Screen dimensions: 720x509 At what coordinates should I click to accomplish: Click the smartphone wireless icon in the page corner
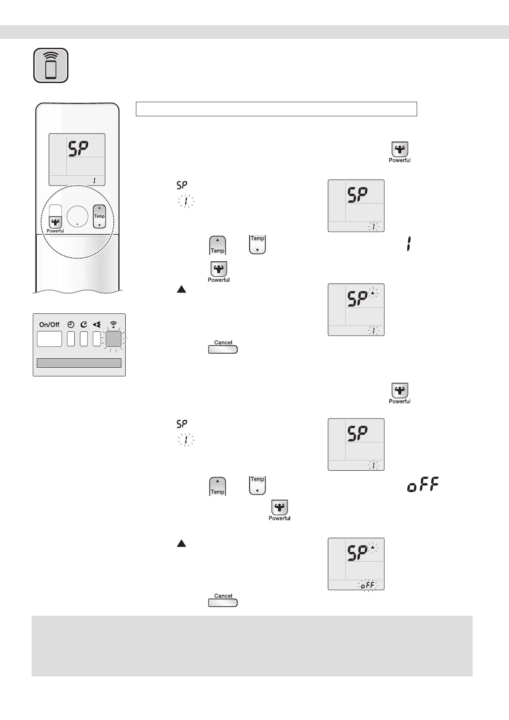pos(51,65)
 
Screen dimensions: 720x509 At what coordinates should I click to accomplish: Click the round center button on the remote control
pos(77,216)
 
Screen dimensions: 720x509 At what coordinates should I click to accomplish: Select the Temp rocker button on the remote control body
pos(99,216)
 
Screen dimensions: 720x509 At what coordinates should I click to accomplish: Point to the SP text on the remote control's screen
pos(79,150)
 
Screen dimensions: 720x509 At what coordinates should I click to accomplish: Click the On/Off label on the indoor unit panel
pos(49,325)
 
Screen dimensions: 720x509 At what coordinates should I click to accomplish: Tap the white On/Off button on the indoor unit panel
pos(50,339)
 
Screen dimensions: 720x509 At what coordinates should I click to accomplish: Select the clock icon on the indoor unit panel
pos(71,325)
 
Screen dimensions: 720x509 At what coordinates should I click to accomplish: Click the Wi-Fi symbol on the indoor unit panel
pos(113,324)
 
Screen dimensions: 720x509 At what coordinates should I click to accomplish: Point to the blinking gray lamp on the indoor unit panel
pos(113,339)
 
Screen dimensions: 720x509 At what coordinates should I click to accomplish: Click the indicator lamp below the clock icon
pos(71,339)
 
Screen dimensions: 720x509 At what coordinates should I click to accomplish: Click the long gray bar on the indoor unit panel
pos(79,363)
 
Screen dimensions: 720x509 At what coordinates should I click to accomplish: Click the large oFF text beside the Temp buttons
pos(423,486)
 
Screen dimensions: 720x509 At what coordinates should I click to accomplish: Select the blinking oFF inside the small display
pos(367,585)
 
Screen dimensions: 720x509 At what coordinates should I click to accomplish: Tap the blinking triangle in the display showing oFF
pos(373,547)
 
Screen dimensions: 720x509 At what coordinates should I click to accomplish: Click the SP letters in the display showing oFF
pos(357,554)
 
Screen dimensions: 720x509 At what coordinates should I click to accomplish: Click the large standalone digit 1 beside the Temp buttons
pos(409,245)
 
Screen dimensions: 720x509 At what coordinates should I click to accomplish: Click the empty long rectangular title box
pos(276,109)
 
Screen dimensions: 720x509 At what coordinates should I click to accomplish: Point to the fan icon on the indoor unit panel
pos(97,325)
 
